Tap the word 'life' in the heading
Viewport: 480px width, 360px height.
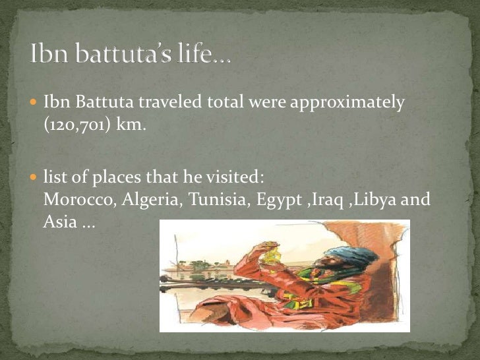[196, 55]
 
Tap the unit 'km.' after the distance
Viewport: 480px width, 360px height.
[131, 125]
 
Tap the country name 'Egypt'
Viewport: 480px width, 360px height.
[272, 200]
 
